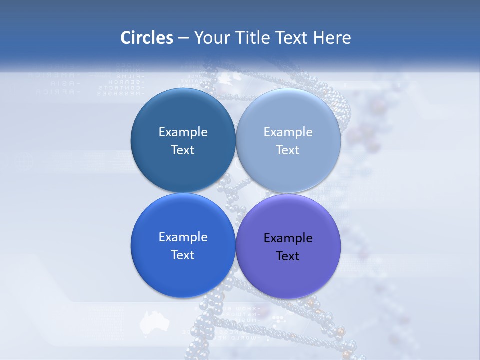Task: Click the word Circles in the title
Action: pos(147,38)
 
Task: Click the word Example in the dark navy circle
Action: pos(183,132)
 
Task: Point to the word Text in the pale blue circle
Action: pos(288,150)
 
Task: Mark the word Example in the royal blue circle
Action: pos(183,237)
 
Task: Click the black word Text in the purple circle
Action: pos(288,256)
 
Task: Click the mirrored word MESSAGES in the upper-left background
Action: pos(120,93)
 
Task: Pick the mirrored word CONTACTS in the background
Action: pos(122,87)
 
